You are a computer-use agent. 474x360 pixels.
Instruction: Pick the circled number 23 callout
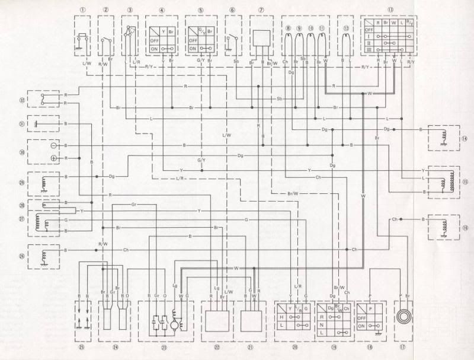point(165,345)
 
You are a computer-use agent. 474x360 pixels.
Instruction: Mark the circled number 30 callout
point(22,152)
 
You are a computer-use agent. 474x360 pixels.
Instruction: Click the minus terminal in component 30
point(53,145)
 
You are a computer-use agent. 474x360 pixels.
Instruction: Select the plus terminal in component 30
point(53,158)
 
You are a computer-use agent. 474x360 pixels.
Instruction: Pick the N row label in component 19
point(321,326)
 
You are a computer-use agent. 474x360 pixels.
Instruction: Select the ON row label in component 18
point(362,326)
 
